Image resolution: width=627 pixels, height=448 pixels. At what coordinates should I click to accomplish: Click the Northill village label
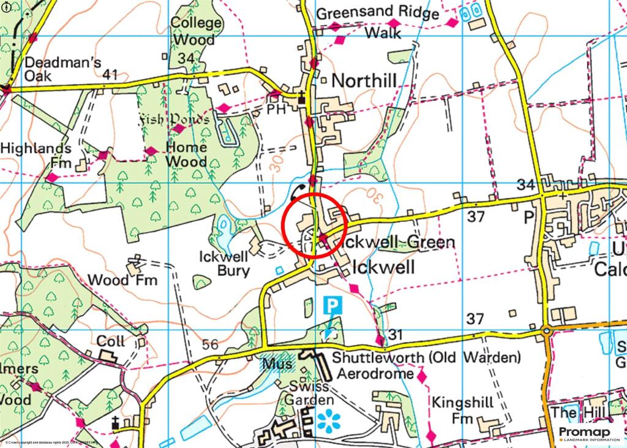[364, 80]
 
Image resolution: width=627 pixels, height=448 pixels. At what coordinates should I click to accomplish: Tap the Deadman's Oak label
[47, 69]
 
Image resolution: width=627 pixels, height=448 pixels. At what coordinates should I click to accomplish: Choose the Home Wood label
[187, 154]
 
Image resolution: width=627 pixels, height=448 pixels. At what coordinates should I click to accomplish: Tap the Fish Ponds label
[175, 118]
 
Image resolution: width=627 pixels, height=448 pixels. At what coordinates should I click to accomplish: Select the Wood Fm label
[122, 280]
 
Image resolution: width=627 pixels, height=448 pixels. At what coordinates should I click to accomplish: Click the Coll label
[110, 341]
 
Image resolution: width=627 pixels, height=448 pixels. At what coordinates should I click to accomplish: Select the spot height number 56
[210, 345]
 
